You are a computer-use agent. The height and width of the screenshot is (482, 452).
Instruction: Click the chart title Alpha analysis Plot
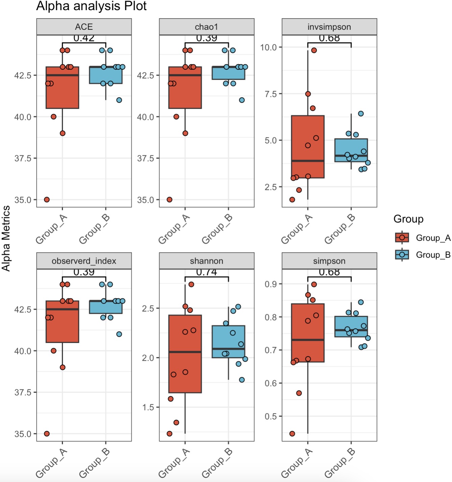[x=91, y=6]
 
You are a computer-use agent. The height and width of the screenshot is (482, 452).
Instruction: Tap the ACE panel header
[x=84, y=27]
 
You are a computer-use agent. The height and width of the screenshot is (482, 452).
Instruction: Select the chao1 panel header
[x=206, y=27]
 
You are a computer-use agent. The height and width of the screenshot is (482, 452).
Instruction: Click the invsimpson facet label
[x=329, y=27]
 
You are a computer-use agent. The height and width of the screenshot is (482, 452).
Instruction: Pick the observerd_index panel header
[x=84, y=261]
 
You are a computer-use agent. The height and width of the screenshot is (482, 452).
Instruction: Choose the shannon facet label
[x=206, y=261]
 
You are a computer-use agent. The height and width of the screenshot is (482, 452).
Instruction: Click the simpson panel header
[x=329, y=261]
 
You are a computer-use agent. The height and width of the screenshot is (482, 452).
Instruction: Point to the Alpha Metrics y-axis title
[x=6, y=238]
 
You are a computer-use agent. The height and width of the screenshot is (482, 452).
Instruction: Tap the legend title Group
[x=408, y=219]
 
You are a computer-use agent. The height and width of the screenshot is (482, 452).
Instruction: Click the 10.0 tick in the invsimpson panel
[x=269, y=47]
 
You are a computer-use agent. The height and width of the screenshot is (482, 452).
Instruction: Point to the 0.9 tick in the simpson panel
[x=271, y=284]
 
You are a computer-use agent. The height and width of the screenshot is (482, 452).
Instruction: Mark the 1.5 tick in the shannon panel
[x=148, y=407]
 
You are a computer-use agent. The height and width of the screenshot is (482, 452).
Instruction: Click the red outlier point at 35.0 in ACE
[x=47, y=200]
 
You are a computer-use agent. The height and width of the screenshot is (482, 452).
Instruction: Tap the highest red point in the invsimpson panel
[x=314, y=50]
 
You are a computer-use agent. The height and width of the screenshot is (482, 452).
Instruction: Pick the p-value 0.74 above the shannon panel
[x=206, y=272]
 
